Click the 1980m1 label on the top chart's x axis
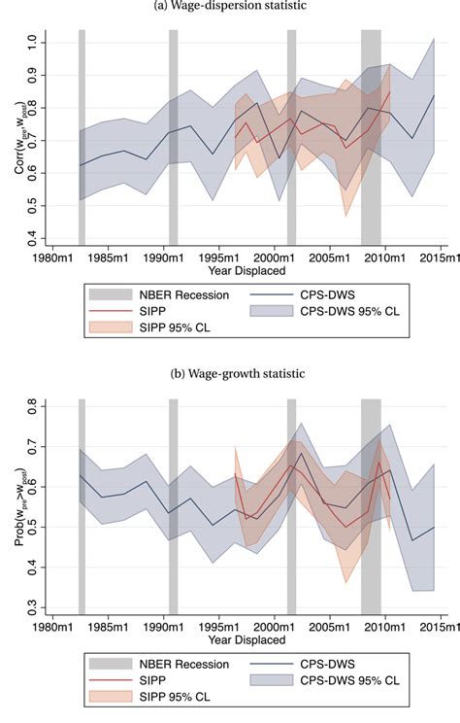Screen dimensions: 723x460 click(x=54, y=258)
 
